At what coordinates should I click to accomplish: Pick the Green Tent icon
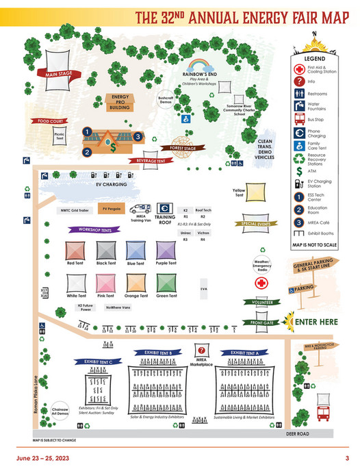click(x=166, y=283)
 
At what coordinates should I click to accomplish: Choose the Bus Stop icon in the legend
click(x=299, y=122)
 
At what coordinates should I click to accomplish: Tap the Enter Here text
click(x=317, y=322)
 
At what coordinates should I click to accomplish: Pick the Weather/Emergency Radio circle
click(x=263, y=264)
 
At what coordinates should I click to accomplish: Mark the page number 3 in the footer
click(x=347, y=458)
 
